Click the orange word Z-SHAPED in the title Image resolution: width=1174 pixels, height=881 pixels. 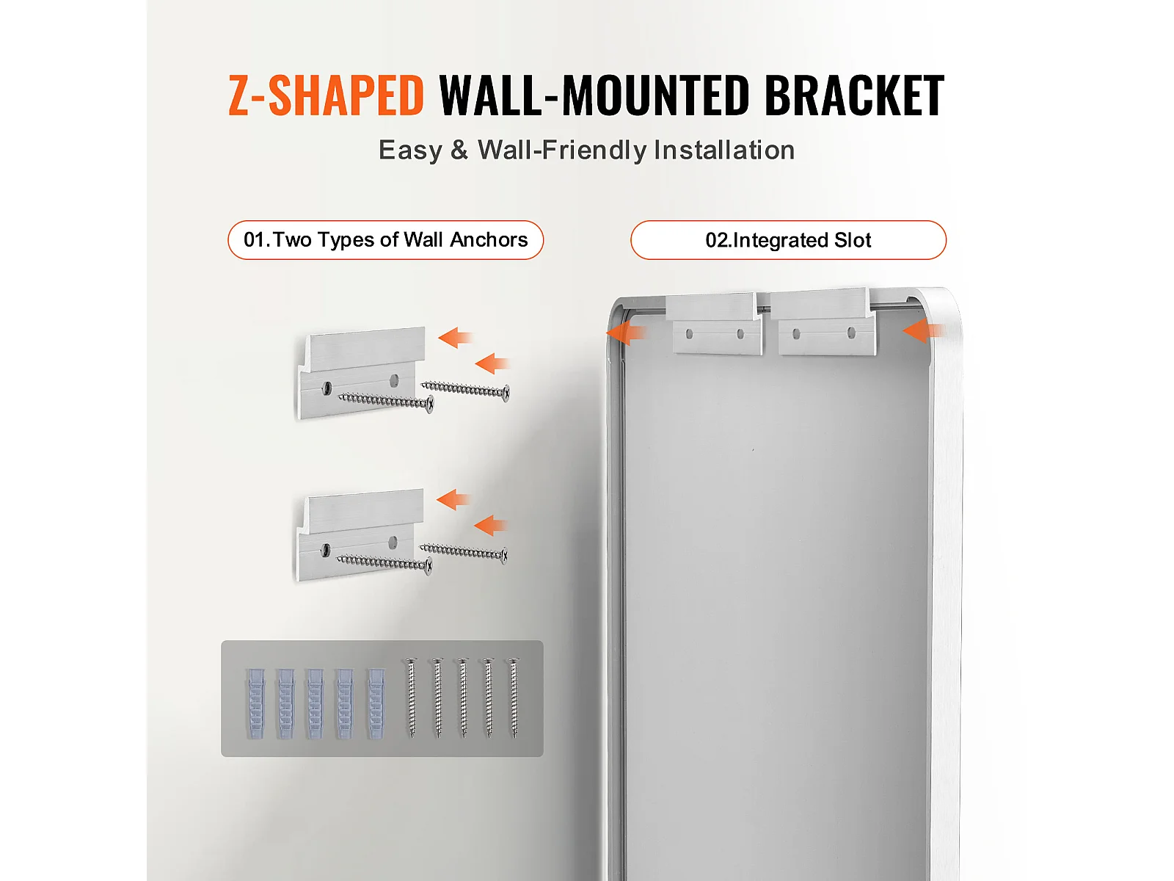point(326,95)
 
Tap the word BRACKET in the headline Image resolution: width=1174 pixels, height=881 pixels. point(853,95)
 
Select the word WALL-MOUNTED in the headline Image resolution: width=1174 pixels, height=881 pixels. point(593,95)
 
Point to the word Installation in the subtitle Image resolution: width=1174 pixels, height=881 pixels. point(724,150)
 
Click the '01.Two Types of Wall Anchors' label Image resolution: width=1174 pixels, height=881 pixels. point(386,240)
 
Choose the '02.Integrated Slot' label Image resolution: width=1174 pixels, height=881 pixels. point(788,240)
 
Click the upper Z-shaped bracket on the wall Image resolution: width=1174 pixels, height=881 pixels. point(360,373)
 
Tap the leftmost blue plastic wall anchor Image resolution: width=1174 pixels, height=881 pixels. point(255,703)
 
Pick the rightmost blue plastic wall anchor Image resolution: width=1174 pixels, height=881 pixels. point(376,703)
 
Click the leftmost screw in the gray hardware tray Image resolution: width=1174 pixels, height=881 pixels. point(412,698)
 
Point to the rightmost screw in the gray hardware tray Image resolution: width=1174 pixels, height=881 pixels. point(514,698)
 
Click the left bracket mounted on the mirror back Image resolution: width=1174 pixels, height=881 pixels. point(714,323)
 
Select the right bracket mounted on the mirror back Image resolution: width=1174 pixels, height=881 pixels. point(822,322)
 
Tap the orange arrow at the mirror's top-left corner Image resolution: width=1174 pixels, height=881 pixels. point(626,333)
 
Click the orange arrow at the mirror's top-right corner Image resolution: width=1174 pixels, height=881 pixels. point(924,330)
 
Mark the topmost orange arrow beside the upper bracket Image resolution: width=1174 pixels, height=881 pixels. point(455,338)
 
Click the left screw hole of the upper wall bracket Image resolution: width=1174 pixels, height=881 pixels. point(327,388)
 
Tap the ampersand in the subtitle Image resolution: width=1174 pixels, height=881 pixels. point(459,150)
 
